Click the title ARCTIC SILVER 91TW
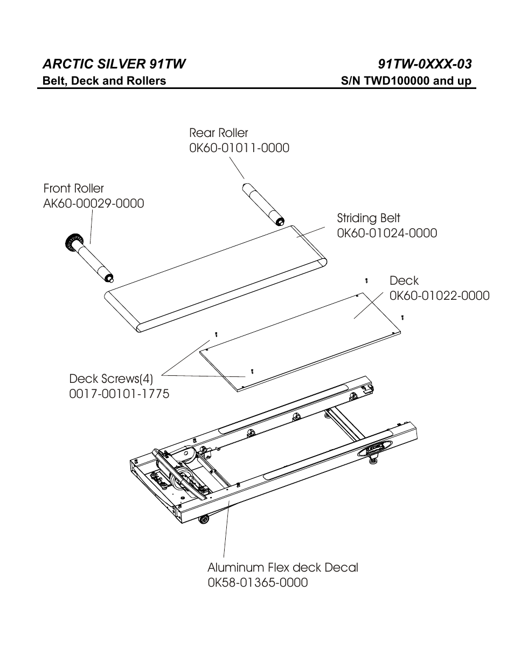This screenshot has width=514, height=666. (114, 64)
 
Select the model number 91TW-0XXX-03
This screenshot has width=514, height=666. (425, 64)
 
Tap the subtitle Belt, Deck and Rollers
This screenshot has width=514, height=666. (105, 81)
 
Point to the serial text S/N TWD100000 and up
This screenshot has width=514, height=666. (406, 81)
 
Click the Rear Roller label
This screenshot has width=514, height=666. (218, 133)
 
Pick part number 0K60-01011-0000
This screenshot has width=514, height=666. (239, 148)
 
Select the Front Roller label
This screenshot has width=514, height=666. (73, 189)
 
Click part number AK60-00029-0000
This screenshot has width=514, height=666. (93, 204)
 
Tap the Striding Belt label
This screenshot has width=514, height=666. (369, 218)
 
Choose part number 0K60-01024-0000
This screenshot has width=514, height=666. (387, 233)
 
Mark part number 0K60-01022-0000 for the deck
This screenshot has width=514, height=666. (439, 296)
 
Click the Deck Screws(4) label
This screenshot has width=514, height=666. (111, 379)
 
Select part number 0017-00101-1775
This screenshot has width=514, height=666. (119, 394)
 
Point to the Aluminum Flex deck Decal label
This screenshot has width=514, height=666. (282, 567)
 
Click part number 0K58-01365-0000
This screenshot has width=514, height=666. (258, 582)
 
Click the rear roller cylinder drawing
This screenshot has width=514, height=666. (261, 205)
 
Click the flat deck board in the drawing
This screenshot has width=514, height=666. (302, 340)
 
